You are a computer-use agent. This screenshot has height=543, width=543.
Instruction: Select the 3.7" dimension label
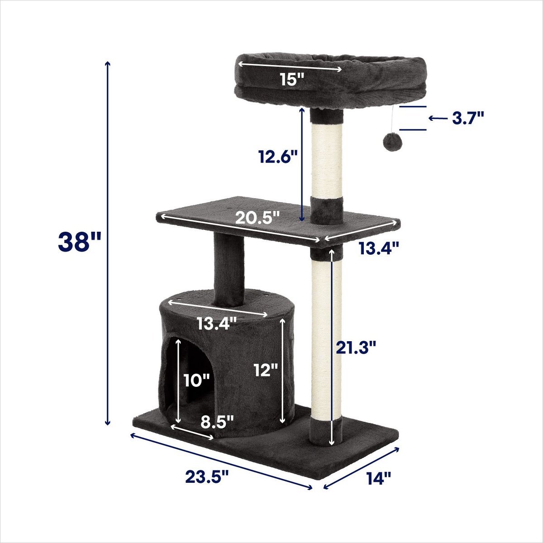468,118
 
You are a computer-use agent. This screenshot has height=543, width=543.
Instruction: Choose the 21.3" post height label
356,347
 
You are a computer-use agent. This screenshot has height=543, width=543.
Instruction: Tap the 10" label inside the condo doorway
197,380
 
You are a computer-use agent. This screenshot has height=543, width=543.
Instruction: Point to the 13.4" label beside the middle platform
379,248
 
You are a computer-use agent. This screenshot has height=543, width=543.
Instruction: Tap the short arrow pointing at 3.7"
438,119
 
